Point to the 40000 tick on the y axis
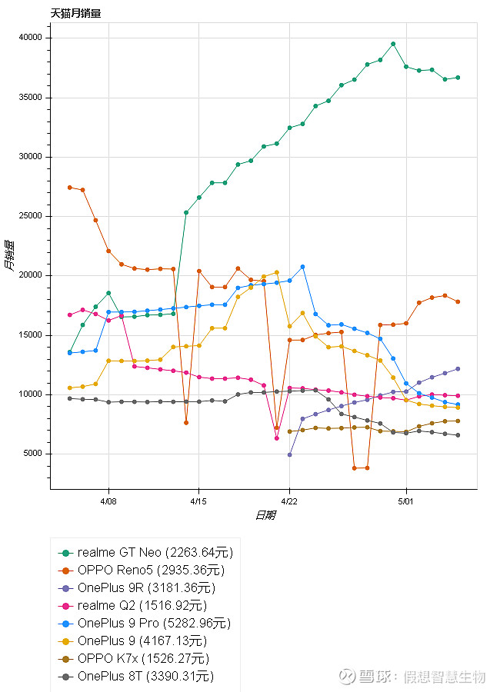coord(32,38)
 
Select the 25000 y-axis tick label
coord(32,216)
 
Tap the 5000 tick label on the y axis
coord(34,454)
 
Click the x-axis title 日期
coord(265,515)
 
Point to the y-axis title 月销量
coord(8,255)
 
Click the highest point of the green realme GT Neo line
coord(393,44)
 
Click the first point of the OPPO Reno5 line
coord(69,187)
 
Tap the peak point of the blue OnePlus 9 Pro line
coord(302,267)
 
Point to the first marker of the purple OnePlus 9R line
coord(289,454)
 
